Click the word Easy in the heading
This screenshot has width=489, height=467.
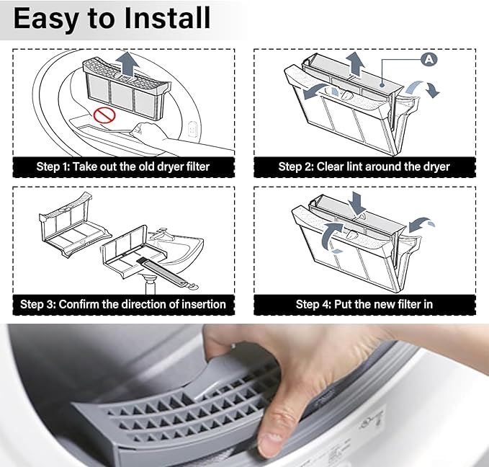point(45,19)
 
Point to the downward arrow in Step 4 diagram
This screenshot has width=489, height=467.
point(358,203)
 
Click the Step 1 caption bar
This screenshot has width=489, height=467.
point(123,166)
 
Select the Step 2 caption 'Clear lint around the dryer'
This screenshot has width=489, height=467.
point(364,166)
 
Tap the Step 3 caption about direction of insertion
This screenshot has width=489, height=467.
point(123,304)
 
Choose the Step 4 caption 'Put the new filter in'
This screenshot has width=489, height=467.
point(364,304)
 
